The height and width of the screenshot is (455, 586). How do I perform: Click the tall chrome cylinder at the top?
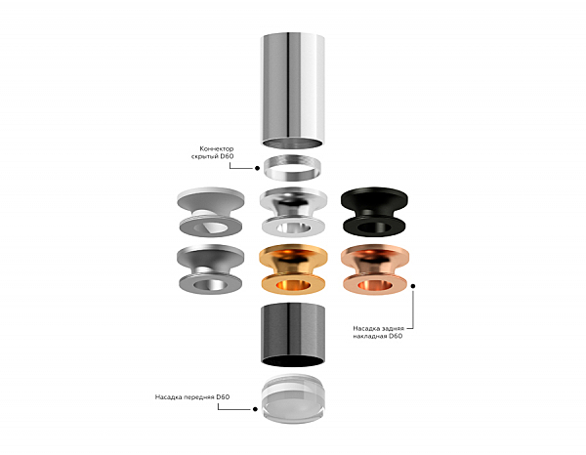coord(292,90)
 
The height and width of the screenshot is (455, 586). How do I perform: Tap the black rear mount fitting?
coord(374,212)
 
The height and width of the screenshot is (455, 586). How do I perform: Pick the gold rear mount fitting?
coord(293,269)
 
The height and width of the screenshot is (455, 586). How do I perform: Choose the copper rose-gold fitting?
coord(375,269)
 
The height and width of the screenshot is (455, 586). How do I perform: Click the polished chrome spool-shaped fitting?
coord(293,212)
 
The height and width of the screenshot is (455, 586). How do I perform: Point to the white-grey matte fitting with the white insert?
coord(210,212)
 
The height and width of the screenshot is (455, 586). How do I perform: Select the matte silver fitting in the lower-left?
coord(210,269)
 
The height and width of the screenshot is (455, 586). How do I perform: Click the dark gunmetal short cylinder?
coord(293,334)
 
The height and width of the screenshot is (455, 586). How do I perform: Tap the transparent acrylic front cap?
coord(293,398)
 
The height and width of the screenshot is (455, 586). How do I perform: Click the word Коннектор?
coord(217,148)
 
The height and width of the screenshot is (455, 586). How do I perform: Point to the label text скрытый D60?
coord(213,156)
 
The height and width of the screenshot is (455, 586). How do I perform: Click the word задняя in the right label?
coord(392,329)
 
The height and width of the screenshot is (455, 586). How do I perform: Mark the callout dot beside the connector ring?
coord(257,168)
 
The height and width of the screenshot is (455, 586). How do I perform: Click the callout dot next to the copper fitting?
coord(413,286)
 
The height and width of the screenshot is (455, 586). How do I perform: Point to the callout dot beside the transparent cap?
coord(255,409)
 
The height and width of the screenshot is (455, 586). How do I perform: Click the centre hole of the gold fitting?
coord(293,286)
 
